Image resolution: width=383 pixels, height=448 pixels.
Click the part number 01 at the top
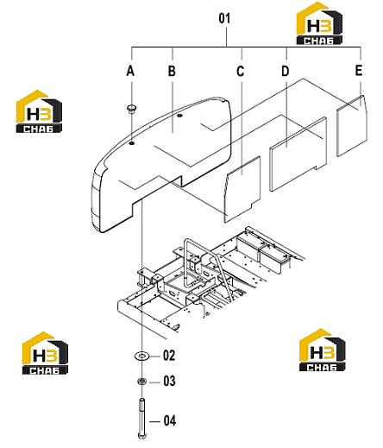coord(224,18)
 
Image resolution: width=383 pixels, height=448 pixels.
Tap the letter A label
coord(130,71)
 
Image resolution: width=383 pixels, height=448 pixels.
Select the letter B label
coord(172,71)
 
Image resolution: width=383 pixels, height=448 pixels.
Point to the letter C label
coord(241,72)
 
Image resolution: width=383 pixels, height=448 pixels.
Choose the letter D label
coord(285,71)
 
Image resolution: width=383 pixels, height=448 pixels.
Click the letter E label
coord(359,71)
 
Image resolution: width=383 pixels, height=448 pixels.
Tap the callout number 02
coord(169,356)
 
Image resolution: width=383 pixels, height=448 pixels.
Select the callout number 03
coord(169,381)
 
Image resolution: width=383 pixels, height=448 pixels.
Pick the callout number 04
coord(170,420)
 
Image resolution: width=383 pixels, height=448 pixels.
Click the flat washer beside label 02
coord(141,357)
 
